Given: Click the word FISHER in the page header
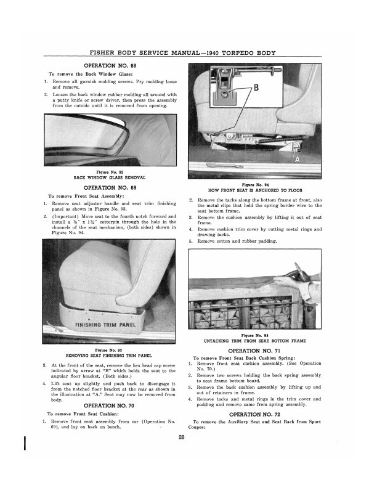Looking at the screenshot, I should click(107, 54).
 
